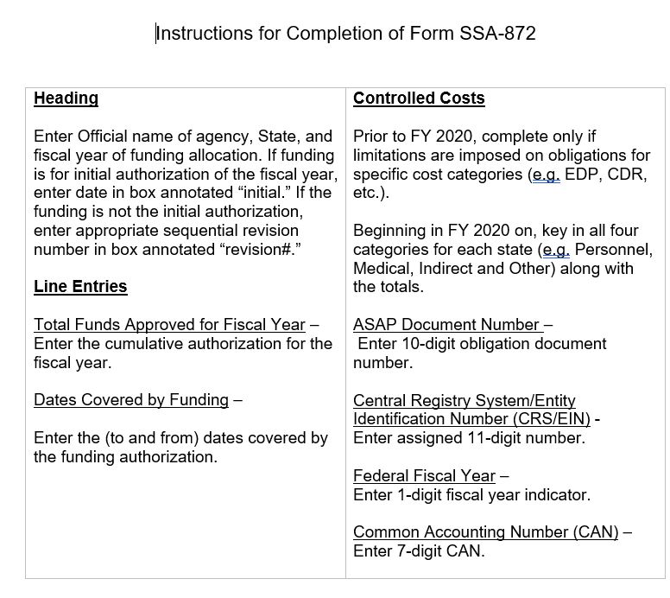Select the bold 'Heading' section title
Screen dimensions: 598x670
pos(66,99)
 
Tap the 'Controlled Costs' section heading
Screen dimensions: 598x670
pos(419,99)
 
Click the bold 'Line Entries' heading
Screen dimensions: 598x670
pos(80,287)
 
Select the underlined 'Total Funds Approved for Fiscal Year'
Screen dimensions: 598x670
pos(169,325)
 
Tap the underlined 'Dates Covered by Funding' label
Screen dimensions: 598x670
pos(131,400)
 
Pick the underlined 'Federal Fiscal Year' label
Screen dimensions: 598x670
pos(424,476)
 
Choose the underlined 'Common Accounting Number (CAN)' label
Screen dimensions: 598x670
pos(486,532)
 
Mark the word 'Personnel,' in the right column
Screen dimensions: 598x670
pos(613,250)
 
